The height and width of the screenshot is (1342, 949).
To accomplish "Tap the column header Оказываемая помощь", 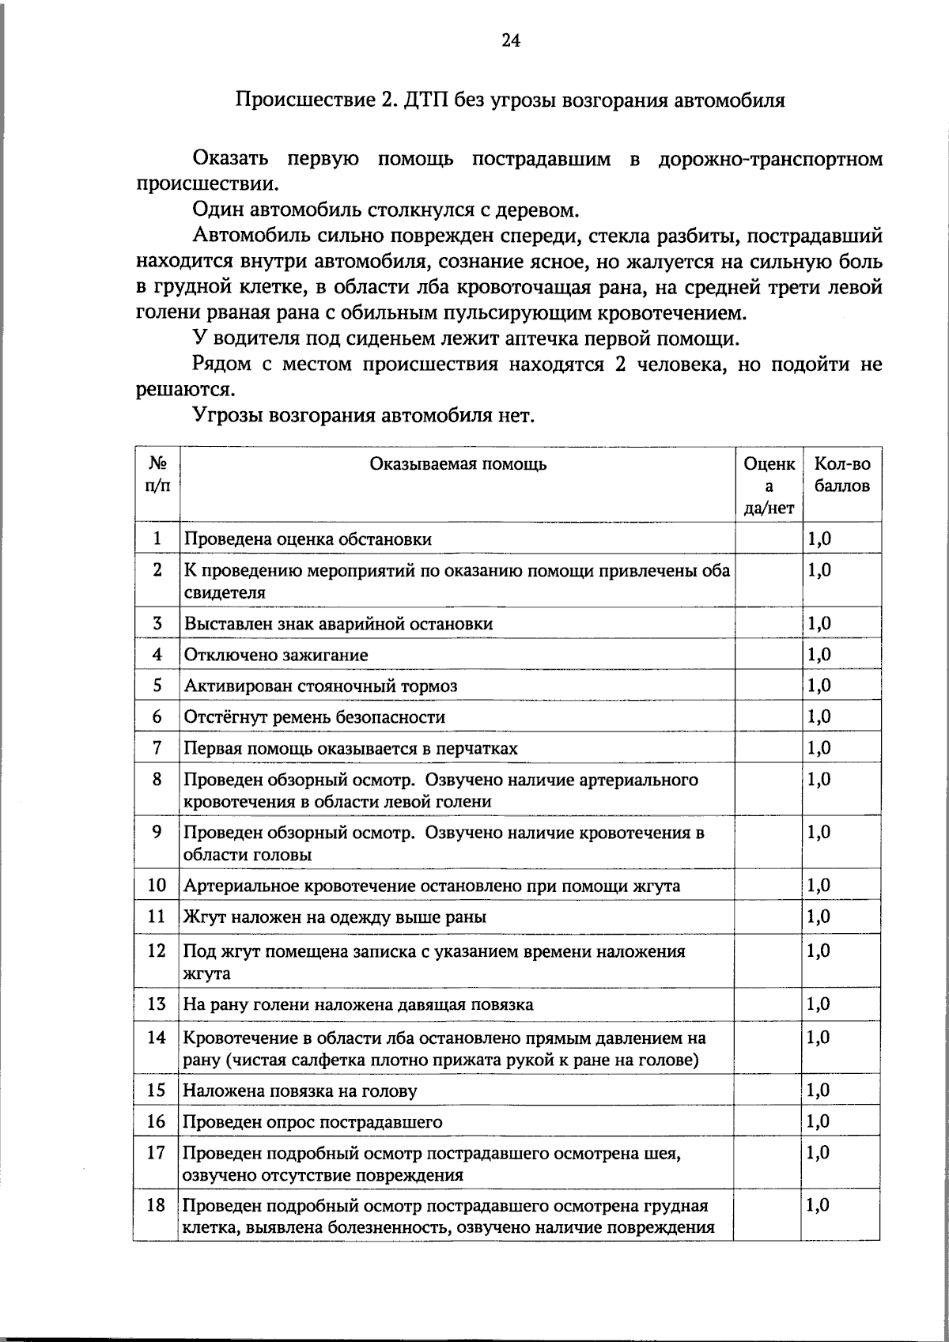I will (458, 464).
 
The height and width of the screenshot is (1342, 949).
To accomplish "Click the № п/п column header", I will (157, 474).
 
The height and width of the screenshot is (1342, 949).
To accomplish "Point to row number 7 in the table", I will (157, 747).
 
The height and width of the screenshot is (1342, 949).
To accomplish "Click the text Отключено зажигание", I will (276, 655).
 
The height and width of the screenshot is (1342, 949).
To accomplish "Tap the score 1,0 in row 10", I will (819, 885).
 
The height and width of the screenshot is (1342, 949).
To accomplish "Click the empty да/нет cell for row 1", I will (768, 539).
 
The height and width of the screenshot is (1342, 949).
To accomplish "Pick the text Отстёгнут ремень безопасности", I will (314, 717).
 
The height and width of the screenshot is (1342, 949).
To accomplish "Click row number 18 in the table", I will (157, 1205).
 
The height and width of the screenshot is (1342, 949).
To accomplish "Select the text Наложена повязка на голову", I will (300, 1091).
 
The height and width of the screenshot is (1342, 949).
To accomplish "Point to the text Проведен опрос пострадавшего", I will (312, 1122).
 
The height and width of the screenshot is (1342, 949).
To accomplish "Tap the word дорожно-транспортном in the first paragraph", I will (770, 160).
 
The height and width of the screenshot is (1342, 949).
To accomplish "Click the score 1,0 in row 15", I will (819, 1091).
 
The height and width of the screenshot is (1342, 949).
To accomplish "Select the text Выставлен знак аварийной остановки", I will (338, 624).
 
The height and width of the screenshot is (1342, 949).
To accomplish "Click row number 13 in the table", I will (157, 1004).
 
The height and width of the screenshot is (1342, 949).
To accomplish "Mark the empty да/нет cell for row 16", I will (768, 1122).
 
